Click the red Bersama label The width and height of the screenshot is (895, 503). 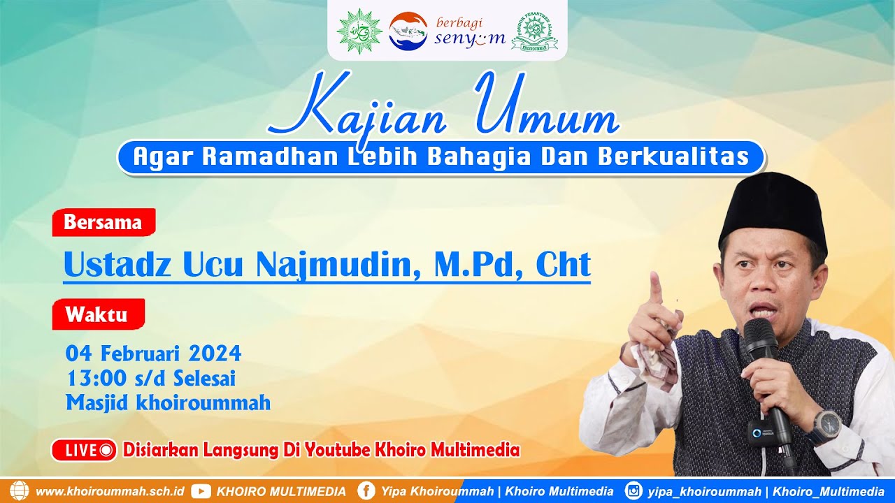[x=103, y=222]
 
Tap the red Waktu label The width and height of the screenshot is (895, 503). [x=97, y=314]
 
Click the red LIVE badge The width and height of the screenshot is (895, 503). [x=83, y=450]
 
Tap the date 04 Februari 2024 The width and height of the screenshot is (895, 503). [x=153, y=353]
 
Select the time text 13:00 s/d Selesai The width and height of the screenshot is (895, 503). [x=151, y=378]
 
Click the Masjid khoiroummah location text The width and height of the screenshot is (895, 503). [x=168, y=402]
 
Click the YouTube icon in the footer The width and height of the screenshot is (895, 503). [x=201, y=491]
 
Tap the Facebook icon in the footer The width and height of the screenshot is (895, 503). [x=366, y=491]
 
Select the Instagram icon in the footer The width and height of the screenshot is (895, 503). [x=633, y=491]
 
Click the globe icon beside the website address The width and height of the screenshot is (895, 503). [x=20, y=490]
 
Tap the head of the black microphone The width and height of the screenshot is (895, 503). [x=759, y=336]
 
